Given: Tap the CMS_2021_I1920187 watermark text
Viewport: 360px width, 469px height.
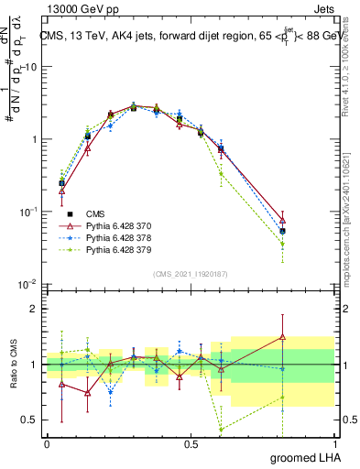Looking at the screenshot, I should point(190,273).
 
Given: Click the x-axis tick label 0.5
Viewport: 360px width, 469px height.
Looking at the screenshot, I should point(191,442).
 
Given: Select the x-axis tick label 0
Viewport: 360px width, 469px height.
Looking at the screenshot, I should point(47,442).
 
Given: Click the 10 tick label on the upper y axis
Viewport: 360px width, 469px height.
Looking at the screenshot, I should point(30,67).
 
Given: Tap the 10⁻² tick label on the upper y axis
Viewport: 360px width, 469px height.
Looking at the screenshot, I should point(27,283).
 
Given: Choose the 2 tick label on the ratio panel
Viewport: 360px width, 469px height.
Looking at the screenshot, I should point(35,309).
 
